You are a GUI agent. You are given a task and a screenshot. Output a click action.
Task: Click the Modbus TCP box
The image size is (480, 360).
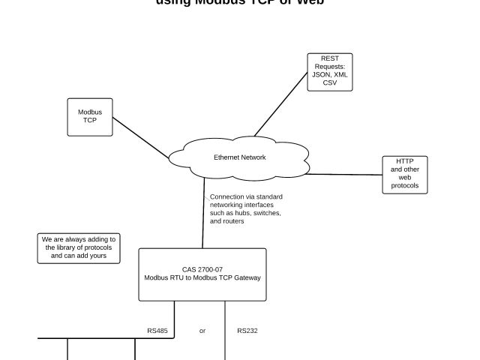coord(90,117)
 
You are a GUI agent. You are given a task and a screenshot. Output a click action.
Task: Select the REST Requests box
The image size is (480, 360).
coord(329,72)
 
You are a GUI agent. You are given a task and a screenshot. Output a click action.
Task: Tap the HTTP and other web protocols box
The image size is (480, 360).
coord(404,174)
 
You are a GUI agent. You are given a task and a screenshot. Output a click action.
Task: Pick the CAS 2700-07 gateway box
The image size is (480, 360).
coord(202,274)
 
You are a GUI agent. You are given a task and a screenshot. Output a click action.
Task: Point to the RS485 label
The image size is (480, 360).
coord(157,330)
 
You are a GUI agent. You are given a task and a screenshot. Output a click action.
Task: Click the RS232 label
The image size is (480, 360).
coord(247,330)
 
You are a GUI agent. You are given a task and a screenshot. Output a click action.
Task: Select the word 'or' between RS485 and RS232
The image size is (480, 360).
coord(202,330)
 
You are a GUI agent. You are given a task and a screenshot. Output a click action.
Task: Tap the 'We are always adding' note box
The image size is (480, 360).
coord(73,247)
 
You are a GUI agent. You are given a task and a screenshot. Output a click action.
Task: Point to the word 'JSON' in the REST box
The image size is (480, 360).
coord(321,74)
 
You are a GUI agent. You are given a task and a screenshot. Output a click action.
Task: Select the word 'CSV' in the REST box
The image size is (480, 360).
coord(330,82)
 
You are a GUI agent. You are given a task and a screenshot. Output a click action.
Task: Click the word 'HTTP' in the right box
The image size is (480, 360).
coord(405,160)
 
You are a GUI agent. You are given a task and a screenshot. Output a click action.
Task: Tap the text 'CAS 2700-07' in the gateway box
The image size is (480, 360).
coord(201,269)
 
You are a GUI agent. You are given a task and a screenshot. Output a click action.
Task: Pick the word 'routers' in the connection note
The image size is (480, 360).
coord(232,221)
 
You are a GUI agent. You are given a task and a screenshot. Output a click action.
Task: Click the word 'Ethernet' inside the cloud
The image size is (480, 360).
coord(226,157)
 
